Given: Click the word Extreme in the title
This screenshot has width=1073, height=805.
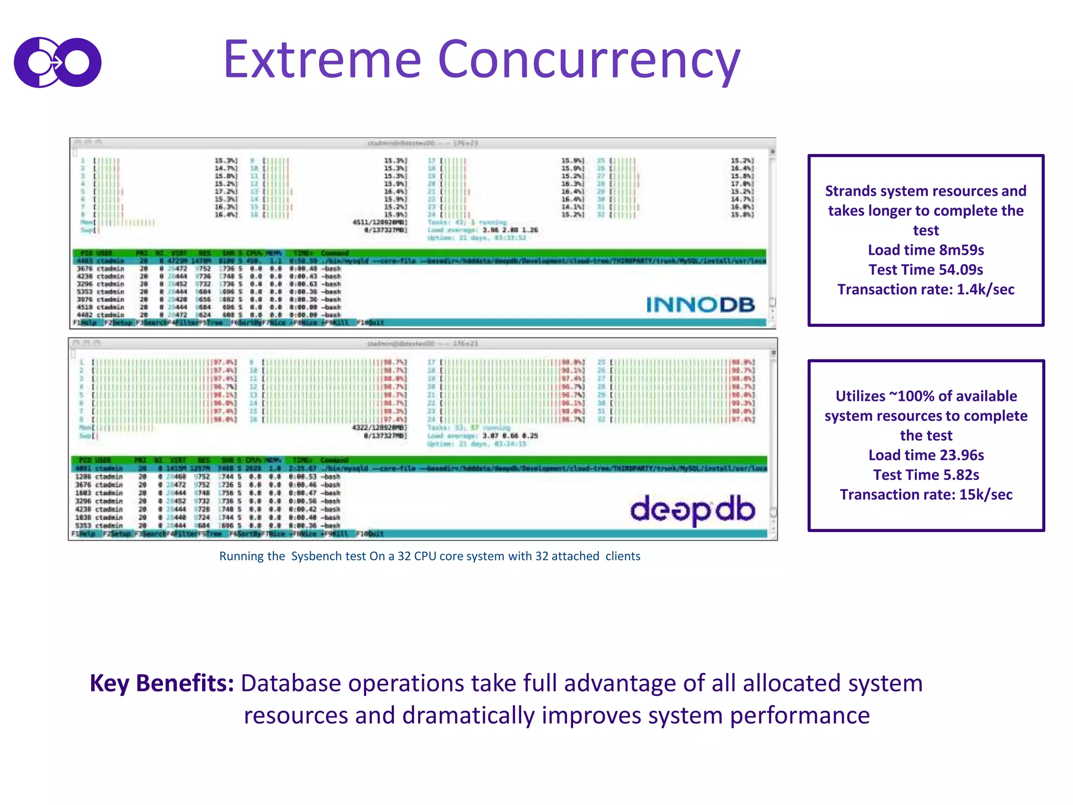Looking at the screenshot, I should [x=322, y=60].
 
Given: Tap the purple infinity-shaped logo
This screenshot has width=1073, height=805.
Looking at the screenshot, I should [x=58, y=62].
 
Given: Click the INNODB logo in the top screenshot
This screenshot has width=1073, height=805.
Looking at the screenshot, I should [x=700, y=304].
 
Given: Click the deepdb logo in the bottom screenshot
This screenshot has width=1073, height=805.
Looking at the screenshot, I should [x=692, y=509].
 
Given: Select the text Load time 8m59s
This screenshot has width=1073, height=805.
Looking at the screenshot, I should [x=926, y=250].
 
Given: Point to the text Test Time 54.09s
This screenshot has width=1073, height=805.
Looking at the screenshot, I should [x=926, y=270].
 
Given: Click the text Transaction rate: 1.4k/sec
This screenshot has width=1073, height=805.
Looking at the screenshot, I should [x=926, y=289].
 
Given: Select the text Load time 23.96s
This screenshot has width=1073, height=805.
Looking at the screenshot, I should [x=926, y=455].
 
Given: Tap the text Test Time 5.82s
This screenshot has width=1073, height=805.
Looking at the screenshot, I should [x=926, y=475].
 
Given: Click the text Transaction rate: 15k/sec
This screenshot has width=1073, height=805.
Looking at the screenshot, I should [x=926, y=495].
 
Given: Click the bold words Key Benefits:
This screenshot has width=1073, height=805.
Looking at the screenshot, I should [x=161, y=683].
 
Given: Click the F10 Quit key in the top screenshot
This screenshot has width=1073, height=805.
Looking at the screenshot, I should [x=370, y=323].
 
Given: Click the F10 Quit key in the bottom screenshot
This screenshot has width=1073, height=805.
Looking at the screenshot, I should [x=370, y=534].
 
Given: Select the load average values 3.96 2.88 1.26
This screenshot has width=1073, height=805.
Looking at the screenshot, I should [x=510, y=230].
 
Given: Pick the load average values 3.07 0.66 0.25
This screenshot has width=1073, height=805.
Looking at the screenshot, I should [x=510, y=436].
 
